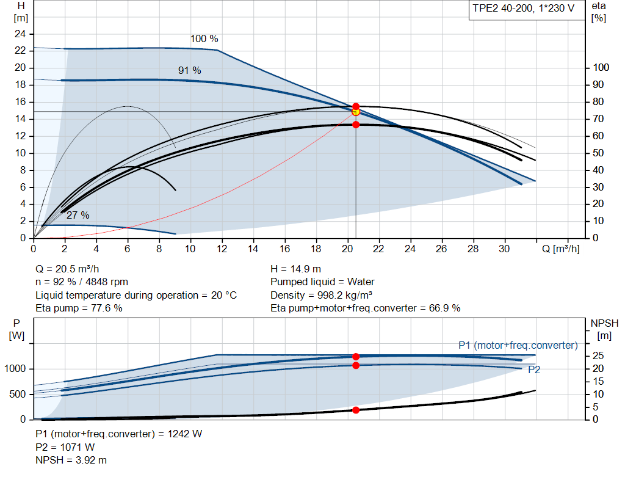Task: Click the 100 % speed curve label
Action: tap(204, 39)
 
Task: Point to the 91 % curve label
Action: tap(189, 71)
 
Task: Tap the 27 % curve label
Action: tap(78, 215)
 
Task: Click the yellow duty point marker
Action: tap(356, 111)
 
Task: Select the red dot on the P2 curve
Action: tap(356, 365)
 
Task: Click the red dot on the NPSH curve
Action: tap(356, 410)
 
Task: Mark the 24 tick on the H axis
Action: tap(21, 33)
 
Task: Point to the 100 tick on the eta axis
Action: tap(602, 67)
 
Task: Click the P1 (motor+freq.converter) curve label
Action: tap(518, 345)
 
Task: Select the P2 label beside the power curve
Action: tap(534, 370)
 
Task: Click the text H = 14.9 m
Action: tap(295, 269)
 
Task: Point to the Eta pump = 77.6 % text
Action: tap(79, 308)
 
